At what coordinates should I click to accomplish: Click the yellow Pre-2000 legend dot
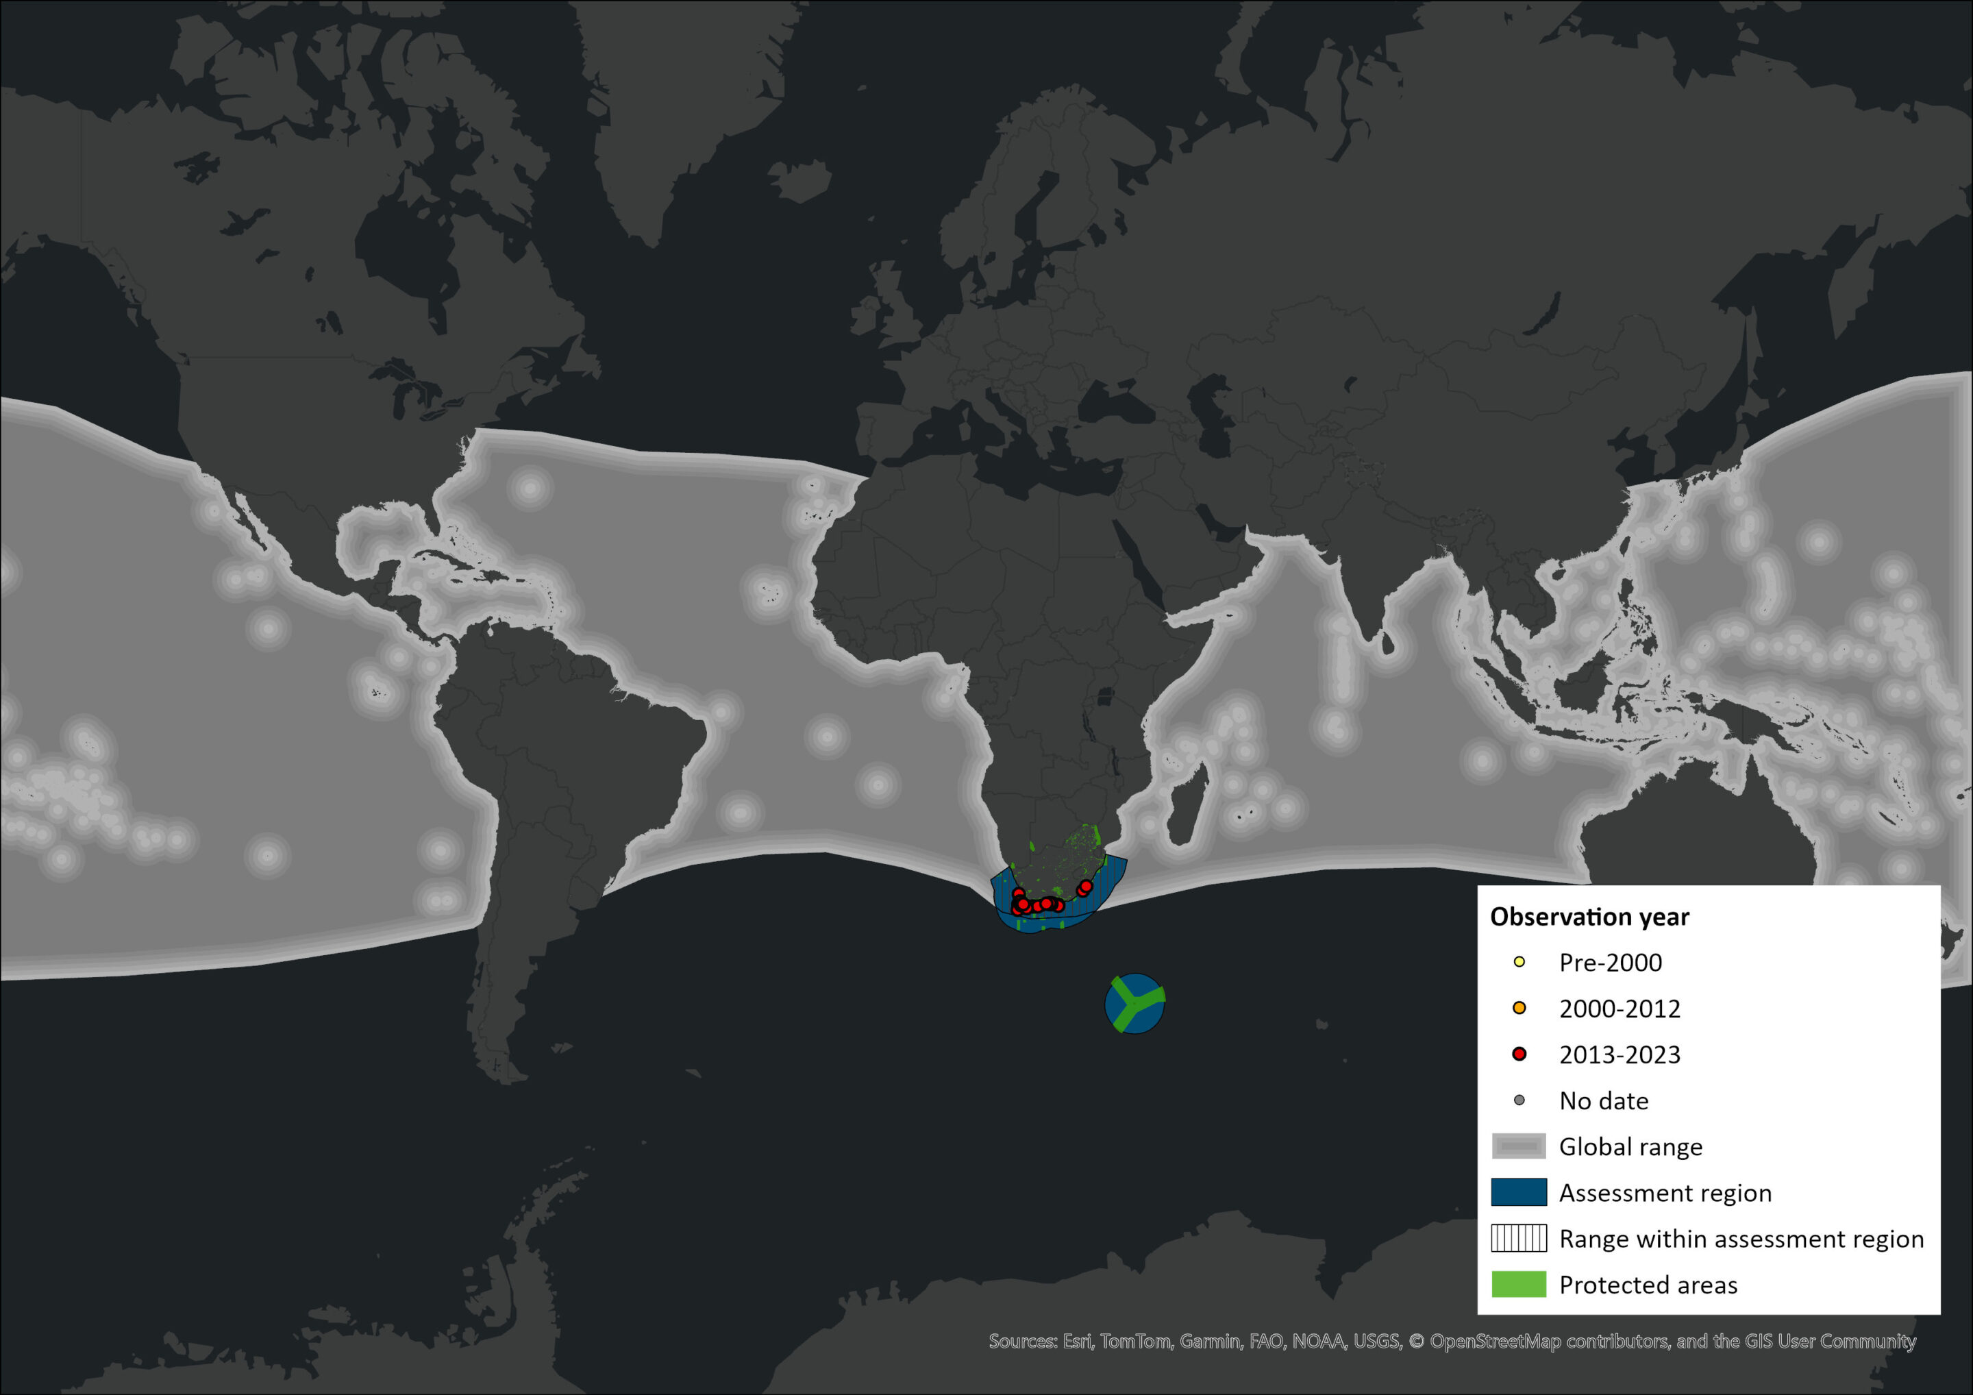tap(1518, 962)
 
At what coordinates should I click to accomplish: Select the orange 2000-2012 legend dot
tap(1518, 1007)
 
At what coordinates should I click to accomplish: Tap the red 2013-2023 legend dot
tap(1518, 1054)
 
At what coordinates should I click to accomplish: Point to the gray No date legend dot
tap(1518, 1100)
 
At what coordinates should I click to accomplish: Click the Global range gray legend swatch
tap(1518, 1146)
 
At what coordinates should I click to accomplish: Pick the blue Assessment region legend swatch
tap(1518, 1192)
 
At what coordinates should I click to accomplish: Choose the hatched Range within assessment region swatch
tap(1518, 1239)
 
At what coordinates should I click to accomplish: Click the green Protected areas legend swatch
tap(1518, 1284)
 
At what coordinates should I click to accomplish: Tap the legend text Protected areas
tap(1648, 1285)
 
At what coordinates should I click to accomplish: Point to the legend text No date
tap(1604, 1101)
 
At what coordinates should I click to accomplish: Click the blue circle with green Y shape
tap(1134, 1003)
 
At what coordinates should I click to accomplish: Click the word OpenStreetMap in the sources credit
tap(1494, 1342)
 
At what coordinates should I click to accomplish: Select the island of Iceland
tap(800, 180)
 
